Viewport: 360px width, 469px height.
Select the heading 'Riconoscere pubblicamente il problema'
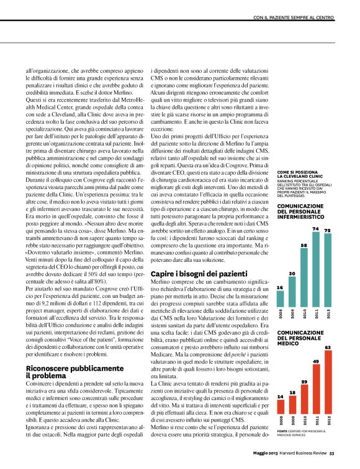[x=63, y=371]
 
